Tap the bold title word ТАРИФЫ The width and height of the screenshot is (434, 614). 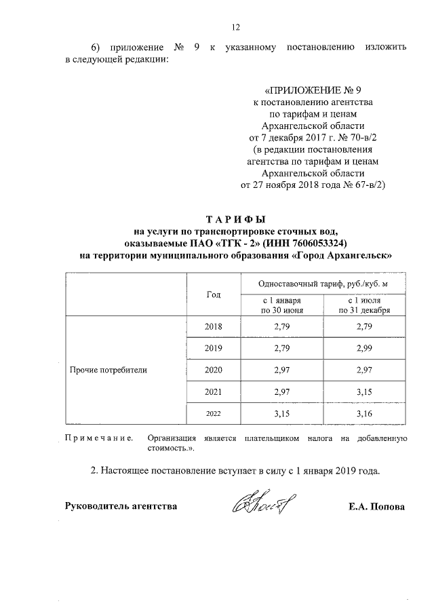click(x=236, y=219)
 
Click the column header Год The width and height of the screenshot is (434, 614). click(x=213, y=294)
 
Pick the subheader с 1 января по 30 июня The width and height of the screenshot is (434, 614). click(x=281, y=305)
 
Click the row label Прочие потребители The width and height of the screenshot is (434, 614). click(x=108, y=370)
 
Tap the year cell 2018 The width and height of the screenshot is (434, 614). click(x=213, y=327)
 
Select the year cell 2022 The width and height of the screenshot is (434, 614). click(x=213, y=414)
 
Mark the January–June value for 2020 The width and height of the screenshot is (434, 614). click(x=281, y=370)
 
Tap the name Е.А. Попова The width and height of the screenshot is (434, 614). click(x=374, y=507)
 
